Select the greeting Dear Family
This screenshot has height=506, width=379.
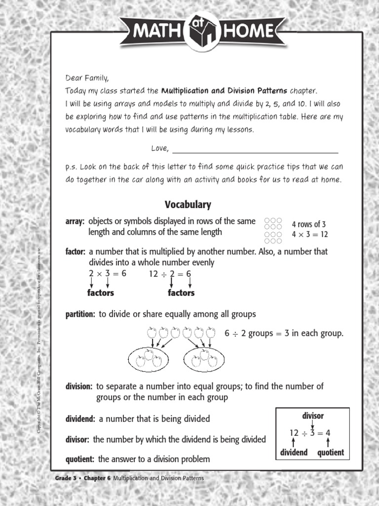(x=87, y=78)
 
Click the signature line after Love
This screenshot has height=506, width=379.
(x=255, y=150)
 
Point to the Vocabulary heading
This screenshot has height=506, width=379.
(x=188, y=205)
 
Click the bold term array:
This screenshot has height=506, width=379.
(x=76, y=221)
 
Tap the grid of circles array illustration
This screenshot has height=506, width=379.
(x=273, y=230)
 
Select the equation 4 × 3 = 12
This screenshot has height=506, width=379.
(x=309, y=234)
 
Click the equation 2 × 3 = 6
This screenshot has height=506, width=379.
(x=107, y=273)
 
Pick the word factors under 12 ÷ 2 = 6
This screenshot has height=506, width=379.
(x=181, y=293)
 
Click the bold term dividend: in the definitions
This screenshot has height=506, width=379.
(x=81, y=419)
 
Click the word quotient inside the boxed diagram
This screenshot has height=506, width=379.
(x=331, y=453)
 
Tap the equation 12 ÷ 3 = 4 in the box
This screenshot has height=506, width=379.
(x=310, y=433)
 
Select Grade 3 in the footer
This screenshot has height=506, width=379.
(x=66, y=479)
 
